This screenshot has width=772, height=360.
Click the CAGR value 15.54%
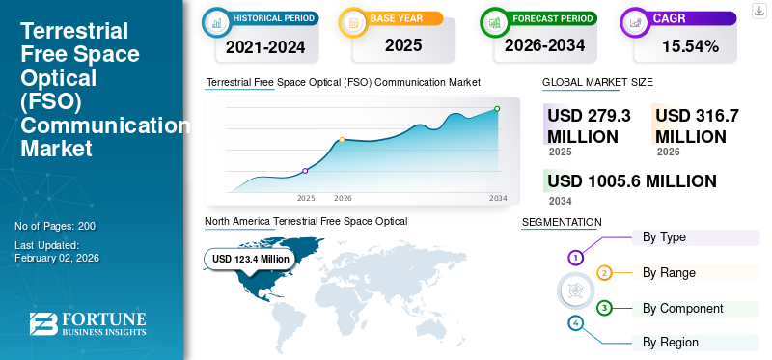coord(691,44)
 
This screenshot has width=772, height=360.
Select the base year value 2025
coord(403,44)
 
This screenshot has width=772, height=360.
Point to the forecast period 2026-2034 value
coord(546,44)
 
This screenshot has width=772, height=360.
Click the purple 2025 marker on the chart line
coord(305,171)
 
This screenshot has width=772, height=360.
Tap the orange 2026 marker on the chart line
coord(342,140)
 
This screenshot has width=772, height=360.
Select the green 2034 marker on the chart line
coord(497,109)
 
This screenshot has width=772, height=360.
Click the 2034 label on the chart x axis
coord(498,198)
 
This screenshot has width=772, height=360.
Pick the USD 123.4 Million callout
coord(250,259)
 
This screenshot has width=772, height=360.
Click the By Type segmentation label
coord(664,237)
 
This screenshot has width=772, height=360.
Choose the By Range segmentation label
coord(669,273)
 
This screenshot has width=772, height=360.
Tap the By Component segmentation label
coord(682,308)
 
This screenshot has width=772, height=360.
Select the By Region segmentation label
coord(671,342)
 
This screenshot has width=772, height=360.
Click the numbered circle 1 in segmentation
coord(575,258)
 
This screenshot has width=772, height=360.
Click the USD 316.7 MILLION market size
coord(697,125)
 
